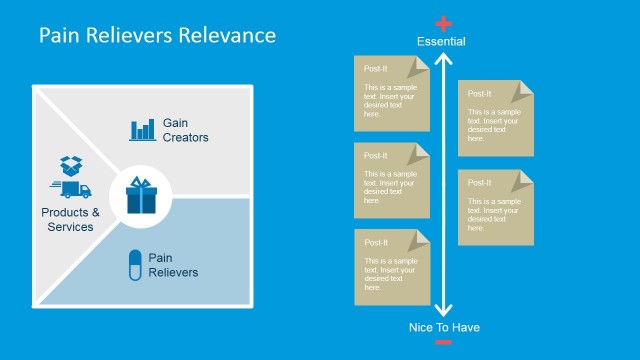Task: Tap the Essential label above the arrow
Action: pos(442,41)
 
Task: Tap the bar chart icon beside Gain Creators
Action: pos(143,129)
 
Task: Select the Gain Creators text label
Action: pos(185,130)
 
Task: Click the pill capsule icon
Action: pos(134,264)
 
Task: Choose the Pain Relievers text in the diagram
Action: pos(173,265)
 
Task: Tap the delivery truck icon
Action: pos(69,189)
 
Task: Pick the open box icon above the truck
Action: pos(70,164)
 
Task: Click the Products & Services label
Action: pos(70,219)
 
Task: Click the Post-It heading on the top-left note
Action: pos(376,68)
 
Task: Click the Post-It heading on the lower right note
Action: pos(480,182)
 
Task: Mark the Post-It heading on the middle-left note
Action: pos(376,155)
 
